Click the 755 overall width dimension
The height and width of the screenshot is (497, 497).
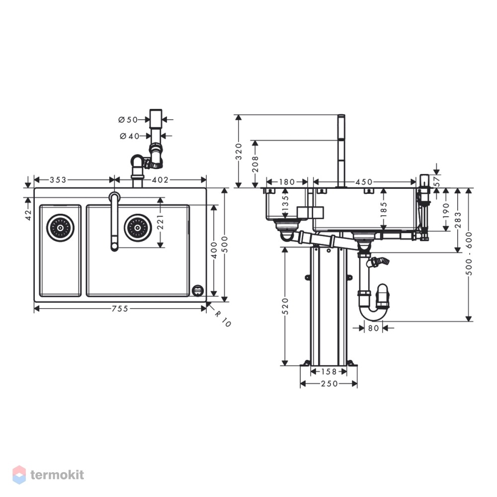[x=120, y=309]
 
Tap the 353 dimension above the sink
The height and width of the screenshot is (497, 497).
[x=58, y=180]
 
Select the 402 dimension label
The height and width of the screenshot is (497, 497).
[x=160, y=180]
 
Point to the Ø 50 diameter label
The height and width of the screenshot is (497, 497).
[x=128, y=120]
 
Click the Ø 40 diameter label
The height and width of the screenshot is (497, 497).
[x=130, y=136]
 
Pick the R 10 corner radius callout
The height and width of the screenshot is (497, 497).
[x=223, y=318]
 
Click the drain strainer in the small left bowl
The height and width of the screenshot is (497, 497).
[x=60, y=228]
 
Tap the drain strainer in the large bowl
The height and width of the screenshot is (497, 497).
[x=138, y=228]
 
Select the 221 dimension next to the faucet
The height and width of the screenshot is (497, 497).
[x=161, y=222]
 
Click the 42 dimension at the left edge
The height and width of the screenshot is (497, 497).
[x=28, y=215]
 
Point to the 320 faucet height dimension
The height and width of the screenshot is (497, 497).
[x=239, y=152]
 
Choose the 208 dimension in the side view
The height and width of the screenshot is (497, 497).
[x=255, y=164]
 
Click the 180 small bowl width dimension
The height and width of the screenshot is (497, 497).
[x=287, y=182]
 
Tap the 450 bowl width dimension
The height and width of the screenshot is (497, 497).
[x=364, y=182]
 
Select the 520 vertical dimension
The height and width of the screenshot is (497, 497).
[x=285, y=306]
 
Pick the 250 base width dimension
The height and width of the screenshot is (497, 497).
[x=330, y=384]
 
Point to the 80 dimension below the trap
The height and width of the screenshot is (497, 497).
[x=373, y=328]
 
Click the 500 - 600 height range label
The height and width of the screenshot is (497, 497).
[x=470, y=253]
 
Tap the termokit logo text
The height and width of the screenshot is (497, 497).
[x=57, y=475]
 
